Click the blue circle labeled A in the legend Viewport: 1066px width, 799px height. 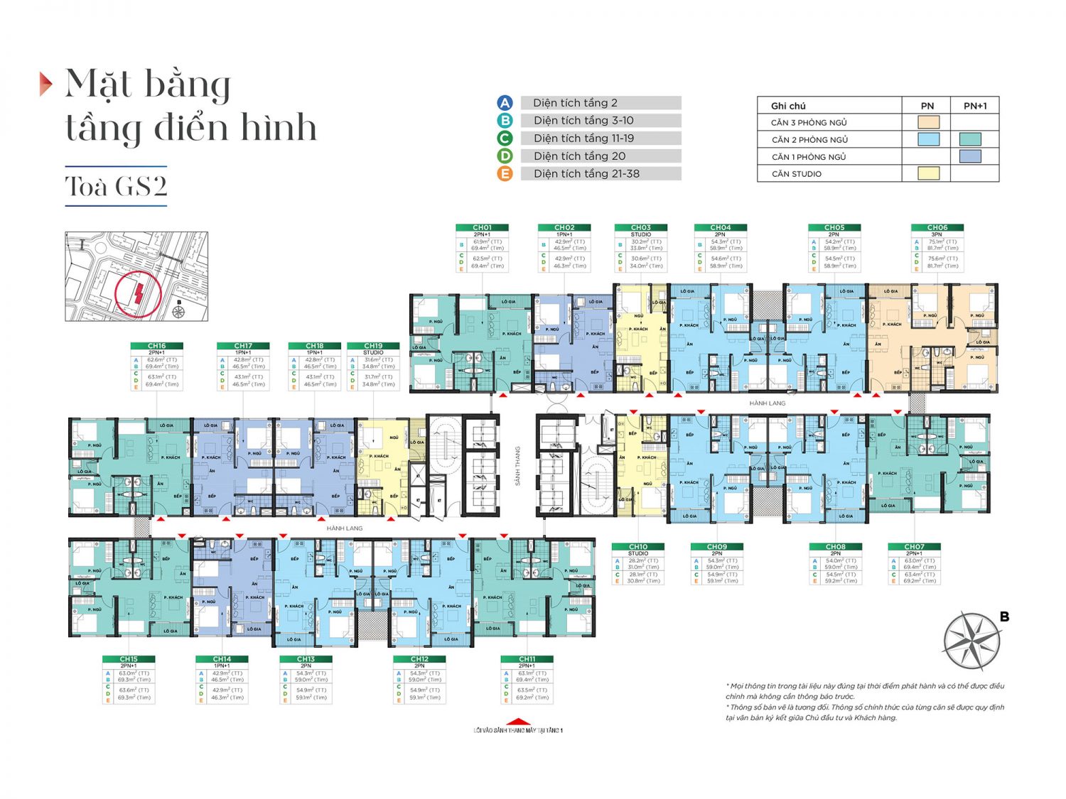pos(505,103)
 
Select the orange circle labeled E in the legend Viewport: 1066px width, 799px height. pos(505,174)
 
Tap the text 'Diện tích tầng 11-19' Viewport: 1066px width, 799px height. pos(583,138)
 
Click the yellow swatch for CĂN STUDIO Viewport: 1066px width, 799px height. pos(928,173)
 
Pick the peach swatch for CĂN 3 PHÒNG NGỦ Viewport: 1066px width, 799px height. pos(928,122)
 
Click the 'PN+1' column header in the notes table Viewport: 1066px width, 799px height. pos(975,106)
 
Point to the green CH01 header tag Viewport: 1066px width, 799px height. pos(482,228)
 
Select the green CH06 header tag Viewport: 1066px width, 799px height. pos(937,228)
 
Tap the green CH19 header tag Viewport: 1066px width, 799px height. pos(373,346)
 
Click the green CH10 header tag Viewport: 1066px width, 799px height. pos(638,547)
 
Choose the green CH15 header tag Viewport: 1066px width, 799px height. pos(129,659)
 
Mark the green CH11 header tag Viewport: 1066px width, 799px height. pos(527,659)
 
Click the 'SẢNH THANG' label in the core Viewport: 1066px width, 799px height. pos(518,466)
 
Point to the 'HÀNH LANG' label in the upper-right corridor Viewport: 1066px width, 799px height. pos(767,403)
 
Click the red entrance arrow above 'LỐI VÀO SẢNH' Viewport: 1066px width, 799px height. pos(518,722)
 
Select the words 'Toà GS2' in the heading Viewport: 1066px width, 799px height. pos(117,186)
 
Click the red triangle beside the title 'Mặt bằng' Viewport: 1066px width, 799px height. pos(45,84)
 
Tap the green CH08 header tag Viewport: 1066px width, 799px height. pos(835,547)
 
